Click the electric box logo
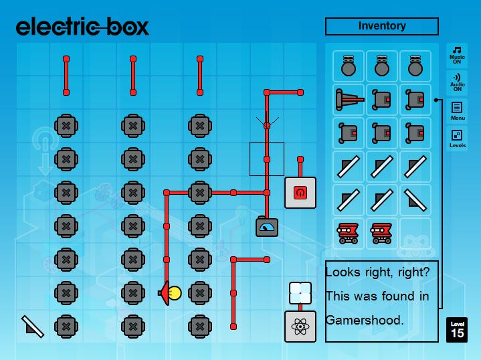click(x=82, y=26)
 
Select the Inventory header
click(x=381, y=26)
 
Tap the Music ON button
click(x=458, y=54)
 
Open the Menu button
click(x=458, y=110)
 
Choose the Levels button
click(x=458, y=138)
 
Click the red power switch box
click(x=300, y=193)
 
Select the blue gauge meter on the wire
click(x=267, y=228)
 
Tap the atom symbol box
click(x=300, y=327)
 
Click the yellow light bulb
click(x=174, y=292)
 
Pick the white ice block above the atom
click(x=300, y=292)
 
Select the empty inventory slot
click(x=415, y=234)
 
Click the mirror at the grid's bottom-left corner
click(x=32, y=326)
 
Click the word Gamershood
click(x=365, y=320)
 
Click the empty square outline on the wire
click(x=267, y=159)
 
